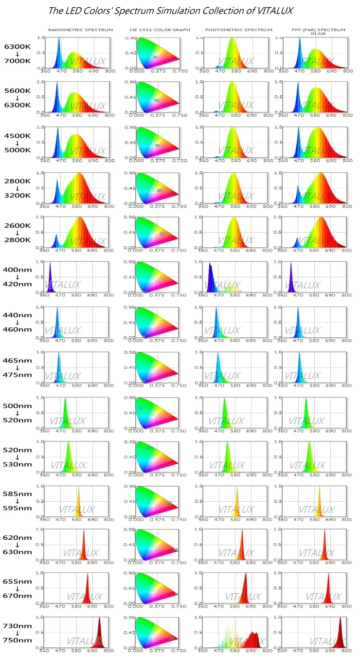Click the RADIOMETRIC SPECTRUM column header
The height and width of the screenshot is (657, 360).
point(80,30)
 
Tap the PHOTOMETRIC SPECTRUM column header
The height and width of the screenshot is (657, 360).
point(239,30)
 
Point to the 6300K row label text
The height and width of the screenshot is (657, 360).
point(17,47)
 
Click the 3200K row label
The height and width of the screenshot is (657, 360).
point(17,195)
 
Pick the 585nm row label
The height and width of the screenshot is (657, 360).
point(17,494)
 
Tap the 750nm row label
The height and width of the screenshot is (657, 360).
point(17,640)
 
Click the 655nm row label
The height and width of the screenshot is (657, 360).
point(17,582)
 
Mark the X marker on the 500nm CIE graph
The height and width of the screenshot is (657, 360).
point(141,408)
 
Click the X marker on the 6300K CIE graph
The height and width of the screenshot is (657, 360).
point(155,57)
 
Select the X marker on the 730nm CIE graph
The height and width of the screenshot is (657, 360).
point(172,638)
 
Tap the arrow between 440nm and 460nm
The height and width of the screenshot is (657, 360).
point(17,322)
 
